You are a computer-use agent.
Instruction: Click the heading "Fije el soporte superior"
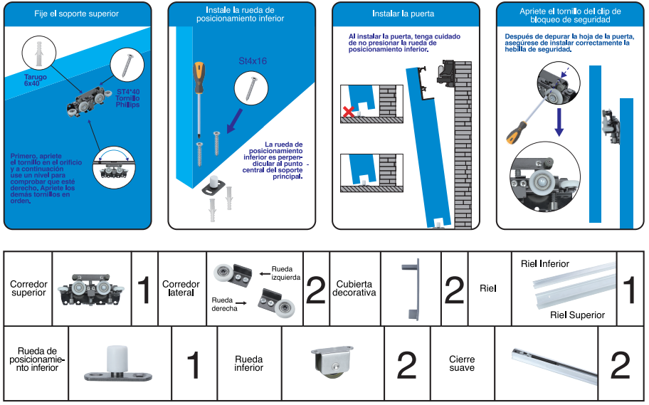(x=76, y=14)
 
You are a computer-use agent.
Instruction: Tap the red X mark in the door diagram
(x=349, y=112)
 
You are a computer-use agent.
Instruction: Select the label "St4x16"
(x=253, y=61)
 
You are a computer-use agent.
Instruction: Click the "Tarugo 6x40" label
(x=35, y=80)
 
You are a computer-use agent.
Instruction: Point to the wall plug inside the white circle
(x=39, y=54)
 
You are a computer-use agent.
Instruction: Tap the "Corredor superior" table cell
(x=28, y=288)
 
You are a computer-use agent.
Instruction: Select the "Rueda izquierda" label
(x=286, y=273)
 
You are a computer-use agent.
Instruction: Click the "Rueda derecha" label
(x=224, y=305)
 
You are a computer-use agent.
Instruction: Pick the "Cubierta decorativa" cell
(x=354, y=288)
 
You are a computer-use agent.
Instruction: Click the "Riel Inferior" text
(x=544, y=264)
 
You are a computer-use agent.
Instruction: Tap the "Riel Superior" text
(x=577, y=315)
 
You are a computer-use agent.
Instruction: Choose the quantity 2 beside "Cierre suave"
(x=620, y=364)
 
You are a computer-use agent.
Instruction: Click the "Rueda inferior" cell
(x=249, y=363)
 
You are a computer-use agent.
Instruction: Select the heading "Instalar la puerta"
(x=403, y=14)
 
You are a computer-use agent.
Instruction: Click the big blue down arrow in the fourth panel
(x=559, y=122)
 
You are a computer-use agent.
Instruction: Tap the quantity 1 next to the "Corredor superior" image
(x=144, y=290)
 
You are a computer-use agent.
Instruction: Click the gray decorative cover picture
(x=411, y=289)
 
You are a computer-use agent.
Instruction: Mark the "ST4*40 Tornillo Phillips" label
(x=127, y=98)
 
